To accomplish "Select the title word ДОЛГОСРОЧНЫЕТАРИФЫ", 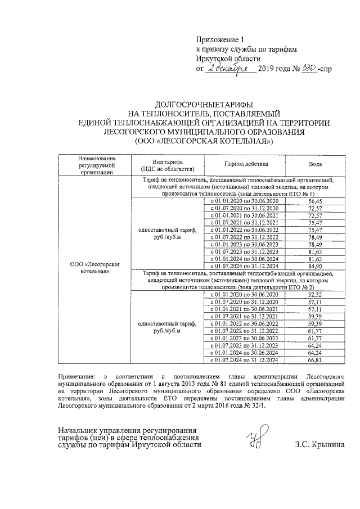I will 204,105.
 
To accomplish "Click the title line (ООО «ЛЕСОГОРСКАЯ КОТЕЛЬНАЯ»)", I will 204,141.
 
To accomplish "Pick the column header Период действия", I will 245,164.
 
